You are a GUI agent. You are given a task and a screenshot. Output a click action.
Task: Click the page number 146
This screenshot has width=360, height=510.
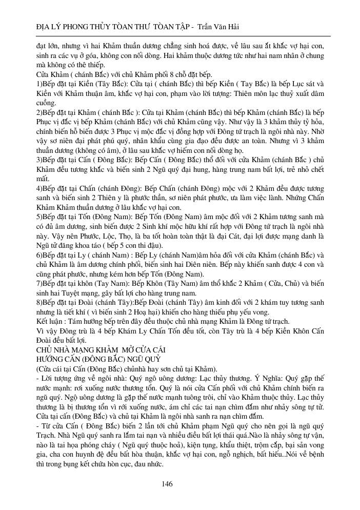(x=167, y=484)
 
